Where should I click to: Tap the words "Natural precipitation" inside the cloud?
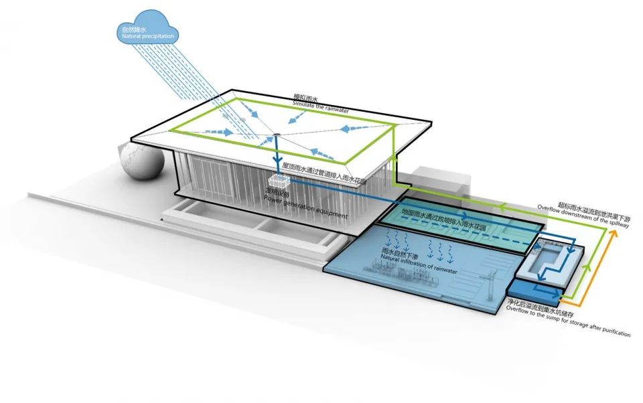click(147, 37)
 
